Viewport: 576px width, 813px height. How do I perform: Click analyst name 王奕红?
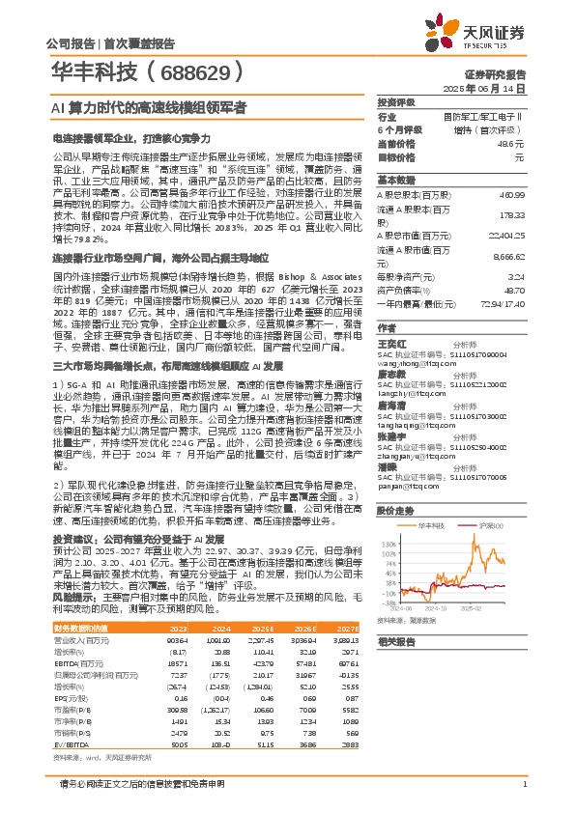(x=390, y=344)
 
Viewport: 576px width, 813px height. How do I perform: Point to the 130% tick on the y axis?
(x=387, y=544)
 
